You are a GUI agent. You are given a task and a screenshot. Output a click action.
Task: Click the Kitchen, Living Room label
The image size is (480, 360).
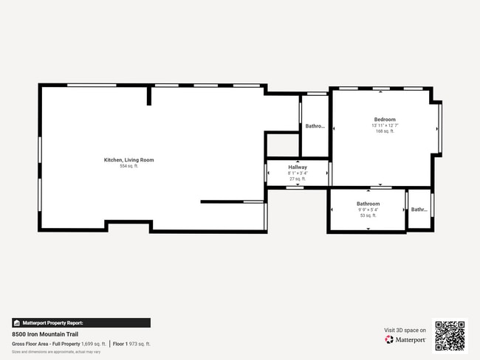128,160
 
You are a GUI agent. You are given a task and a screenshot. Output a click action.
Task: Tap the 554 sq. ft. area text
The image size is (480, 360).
128,166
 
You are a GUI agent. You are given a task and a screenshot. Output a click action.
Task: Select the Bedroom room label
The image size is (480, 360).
384,120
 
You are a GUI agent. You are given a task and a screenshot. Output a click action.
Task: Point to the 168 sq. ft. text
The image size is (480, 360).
384,131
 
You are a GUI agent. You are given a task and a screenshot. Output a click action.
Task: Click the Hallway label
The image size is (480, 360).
298,167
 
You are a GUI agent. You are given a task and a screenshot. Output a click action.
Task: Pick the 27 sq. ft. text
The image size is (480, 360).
298,179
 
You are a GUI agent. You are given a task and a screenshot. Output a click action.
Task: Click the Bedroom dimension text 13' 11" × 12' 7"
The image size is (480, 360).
384,125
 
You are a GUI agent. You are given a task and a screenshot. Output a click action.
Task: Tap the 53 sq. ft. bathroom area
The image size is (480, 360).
368,215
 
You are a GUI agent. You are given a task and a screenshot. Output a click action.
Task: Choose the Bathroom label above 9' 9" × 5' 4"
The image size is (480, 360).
368,204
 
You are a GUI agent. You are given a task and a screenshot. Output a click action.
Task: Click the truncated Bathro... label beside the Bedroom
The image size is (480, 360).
315,126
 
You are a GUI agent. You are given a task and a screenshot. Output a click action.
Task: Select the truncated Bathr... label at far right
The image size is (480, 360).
419,210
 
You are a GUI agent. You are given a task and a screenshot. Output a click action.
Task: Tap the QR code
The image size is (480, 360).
450,336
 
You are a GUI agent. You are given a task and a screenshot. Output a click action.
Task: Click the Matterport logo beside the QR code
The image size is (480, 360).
405,339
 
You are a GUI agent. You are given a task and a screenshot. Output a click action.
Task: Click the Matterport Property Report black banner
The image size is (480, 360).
80,322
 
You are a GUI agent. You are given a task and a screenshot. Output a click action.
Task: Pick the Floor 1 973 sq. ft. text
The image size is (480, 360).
132,344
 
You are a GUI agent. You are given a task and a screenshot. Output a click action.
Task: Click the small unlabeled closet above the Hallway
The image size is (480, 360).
282,145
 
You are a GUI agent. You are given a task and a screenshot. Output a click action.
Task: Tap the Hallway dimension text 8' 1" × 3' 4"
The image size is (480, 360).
298,173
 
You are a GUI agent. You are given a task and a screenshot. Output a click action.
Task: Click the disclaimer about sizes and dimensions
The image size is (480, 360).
56,352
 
